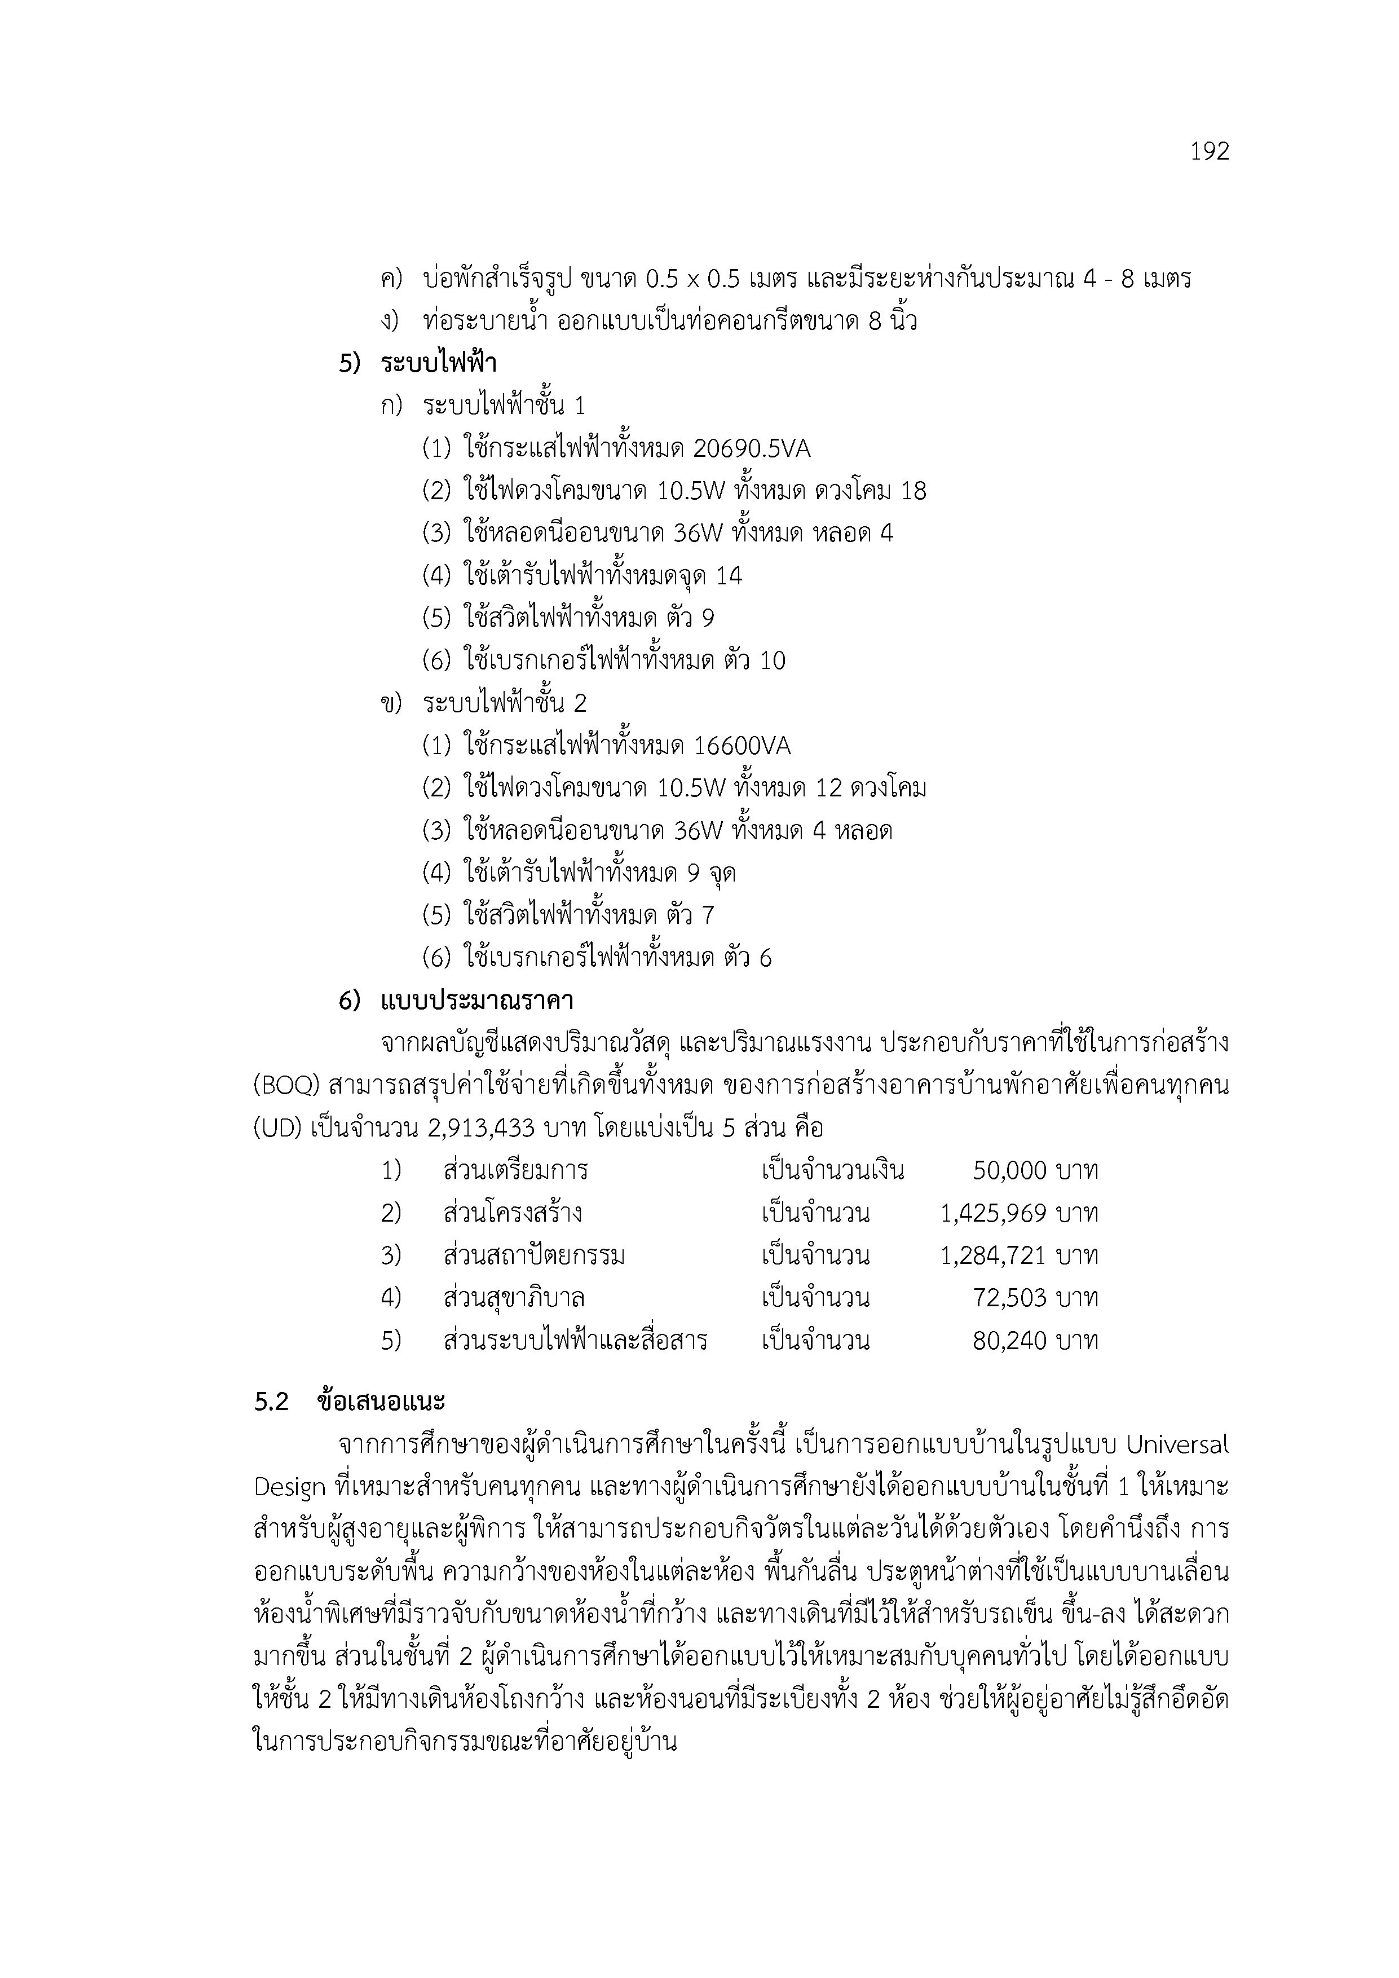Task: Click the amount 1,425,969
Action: pos(993,1214)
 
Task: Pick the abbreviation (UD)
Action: pos(277,1129)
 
